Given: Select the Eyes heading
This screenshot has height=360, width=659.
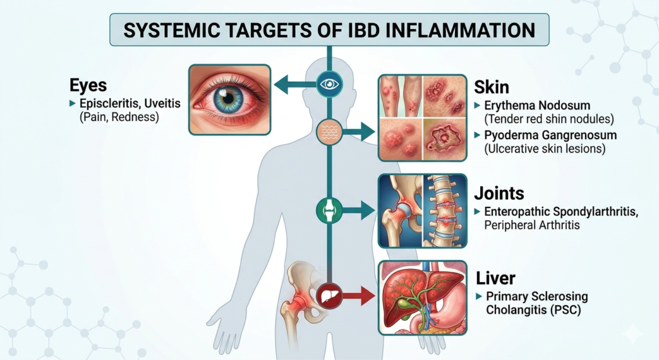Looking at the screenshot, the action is point(88,86).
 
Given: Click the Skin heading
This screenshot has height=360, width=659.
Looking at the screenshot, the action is point(491,87).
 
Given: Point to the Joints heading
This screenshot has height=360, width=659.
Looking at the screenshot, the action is point(499,193).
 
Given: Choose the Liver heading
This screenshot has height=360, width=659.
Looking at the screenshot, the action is point(496,278).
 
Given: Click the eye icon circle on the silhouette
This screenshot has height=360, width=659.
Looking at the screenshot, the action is point(329,84).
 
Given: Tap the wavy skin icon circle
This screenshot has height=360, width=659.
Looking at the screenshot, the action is point(329,132).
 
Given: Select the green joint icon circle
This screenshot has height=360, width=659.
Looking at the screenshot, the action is point(329,211).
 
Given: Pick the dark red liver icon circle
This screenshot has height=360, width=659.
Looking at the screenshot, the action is point(329,296).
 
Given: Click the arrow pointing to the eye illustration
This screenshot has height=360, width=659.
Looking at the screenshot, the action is point(295,84).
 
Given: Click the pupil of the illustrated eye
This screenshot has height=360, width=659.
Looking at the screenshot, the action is point(228,99).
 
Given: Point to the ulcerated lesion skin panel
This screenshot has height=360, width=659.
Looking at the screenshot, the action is point(444,139).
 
